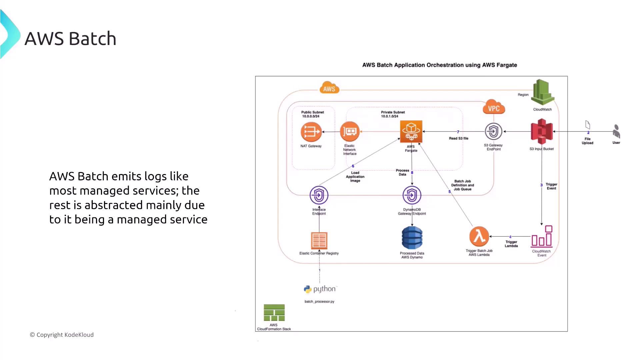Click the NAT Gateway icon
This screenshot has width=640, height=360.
point(311,132)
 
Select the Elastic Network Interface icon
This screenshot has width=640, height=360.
point(350,132)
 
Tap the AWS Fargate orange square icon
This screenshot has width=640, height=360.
point(411,131)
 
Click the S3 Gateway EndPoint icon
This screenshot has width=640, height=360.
point(493,131)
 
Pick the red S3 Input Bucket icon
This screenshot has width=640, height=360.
point(542,132)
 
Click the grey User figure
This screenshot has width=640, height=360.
point(616,131)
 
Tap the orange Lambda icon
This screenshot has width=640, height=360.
point(479,236)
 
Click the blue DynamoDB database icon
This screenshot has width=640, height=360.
point(412,238)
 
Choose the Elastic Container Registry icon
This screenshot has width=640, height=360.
point(319,240)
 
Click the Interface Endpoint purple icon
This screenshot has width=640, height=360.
point(319,195)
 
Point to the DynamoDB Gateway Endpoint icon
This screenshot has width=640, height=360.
point(412,195)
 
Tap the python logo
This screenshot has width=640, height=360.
point(320,289)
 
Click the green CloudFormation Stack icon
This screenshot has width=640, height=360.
point(274,313)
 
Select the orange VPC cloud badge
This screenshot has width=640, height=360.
point(494,107)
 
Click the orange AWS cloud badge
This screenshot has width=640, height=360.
point(329,88)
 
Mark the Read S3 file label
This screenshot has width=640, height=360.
point(458,138)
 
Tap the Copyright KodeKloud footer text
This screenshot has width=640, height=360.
point(62,335)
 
